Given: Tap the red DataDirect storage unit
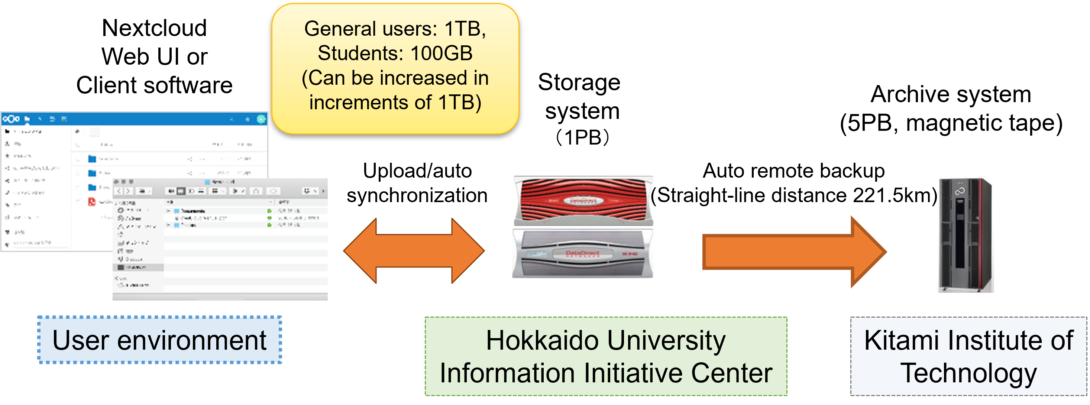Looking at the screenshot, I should point(583,201).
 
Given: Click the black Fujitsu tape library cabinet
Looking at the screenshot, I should point(966,234).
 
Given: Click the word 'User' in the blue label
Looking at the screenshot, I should point(80,340).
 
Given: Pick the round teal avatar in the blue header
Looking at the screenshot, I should point(261,119).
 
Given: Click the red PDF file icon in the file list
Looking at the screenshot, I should point(92,201).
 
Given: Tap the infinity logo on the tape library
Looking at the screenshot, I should point(960,192).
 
